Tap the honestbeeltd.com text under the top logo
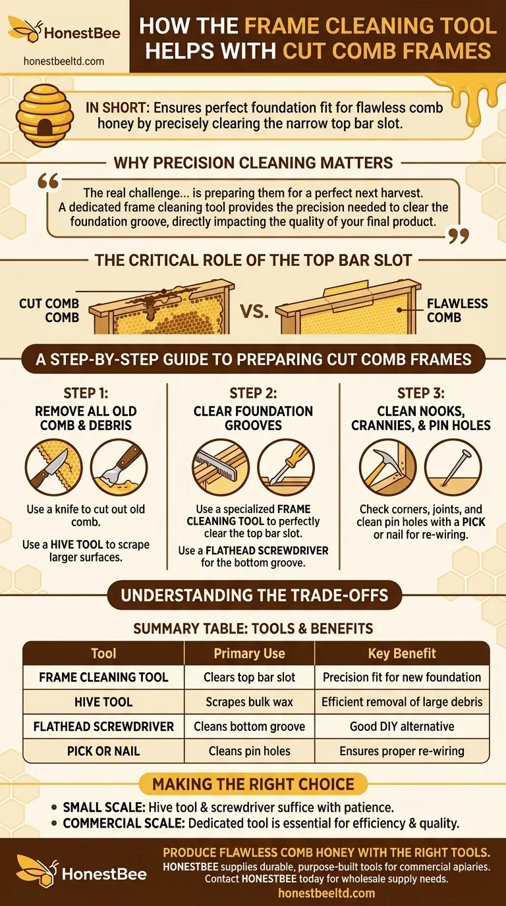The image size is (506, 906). (x=63, y=61)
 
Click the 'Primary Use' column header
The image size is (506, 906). (x=249, y=653)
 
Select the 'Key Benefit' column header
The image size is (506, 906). (x=402, y=653)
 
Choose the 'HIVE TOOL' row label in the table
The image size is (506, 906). (x=103, y=702)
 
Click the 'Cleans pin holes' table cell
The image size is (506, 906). (x=249, y=751)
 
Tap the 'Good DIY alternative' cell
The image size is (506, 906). (x=402, y=726)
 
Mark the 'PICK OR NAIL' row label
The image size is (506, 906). (x=103, y=751)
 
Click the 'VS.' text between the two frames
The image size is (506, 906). (x=254, y=311)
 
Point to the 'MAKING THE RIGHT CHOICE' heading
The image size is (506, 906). (x=253, y=784)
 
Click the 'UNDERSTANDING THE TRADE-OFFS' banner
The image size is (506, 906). (x=253, y=596)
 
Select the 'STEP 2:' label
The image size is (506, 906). (x=253, y=394)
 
